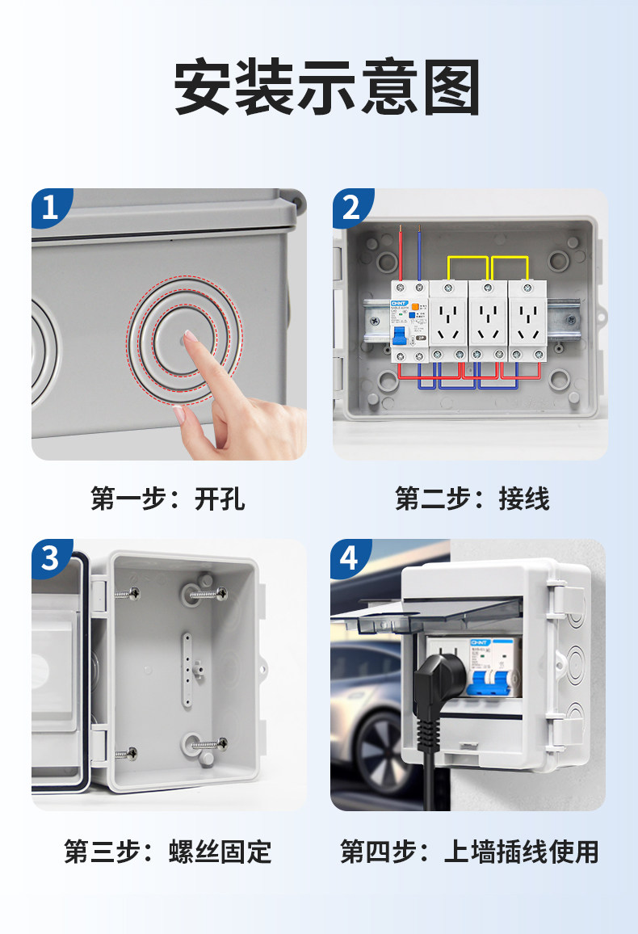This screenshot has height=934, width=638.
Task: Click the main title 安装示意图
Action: [327, 87]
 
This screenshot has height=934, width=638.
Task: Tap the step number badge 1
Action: [50, 208]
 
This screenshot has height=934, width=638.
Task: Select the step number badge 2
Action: [351, 208]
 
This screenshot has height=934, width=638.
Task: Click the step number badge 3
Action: [50, 559]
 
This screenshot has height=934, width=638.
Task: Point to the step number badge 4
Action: [350, 559]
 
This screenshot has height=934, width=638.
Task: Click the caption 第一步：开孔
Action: [168, 499]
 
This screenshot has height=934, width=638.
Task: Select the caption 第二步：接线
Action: [472, 499]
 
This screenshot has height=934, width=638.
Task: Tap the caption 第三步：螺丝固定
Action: [168, 852]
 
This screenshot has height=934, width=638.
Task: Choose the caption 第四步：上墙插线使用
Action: [469, 852]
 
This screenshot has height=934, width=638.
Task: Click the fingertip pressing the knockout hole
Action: [190, 336]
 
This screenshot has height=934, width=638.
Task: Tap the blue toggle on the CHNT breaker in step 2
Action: [399, 336]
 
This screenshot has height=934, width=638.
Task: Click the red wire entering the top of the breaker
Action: [401, 253]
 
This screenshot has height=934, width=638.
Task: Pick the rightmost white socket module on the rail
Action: [527, 321]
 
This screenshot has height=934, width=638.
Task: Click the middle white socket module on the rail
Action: [488, 321]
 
